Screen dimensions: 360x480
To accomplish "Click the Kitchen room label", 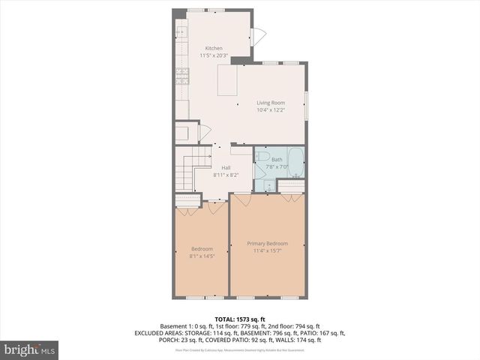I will pos(214,49).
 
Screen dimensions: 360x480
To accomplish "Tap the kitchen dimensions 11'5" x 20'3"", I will pos(214,55).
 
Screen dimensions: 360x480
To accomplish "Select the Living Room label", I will pos(271,103).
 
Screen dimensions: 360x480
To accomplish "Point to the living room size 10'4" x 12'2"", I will pos(271,110).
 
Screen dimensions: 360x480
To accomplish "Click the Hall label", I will pos(226,168).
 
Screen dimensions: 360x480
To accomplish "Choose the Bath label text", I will pos(277,160).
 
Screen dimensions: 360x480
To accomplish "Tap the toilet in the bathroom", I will pos(262,157).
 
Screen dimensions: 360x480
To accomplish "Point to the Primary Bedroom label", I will pos(268,243).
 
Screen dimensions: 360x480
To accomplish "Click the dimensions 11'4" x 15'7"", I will pos(268,250).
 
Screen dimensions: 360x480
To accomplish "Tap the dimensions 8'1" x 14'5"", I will pos(202,256).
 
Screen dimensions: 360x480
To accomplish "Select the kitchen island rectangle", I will pos(228,81).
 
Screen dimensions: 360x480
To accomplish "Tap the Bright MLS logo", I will pos(30,349).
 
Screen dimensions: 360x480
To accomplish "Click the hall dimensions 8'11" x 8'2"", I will pos(226,175).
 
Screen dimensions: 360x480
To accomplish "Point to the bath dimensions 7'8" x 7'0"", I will pos(277,166).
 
